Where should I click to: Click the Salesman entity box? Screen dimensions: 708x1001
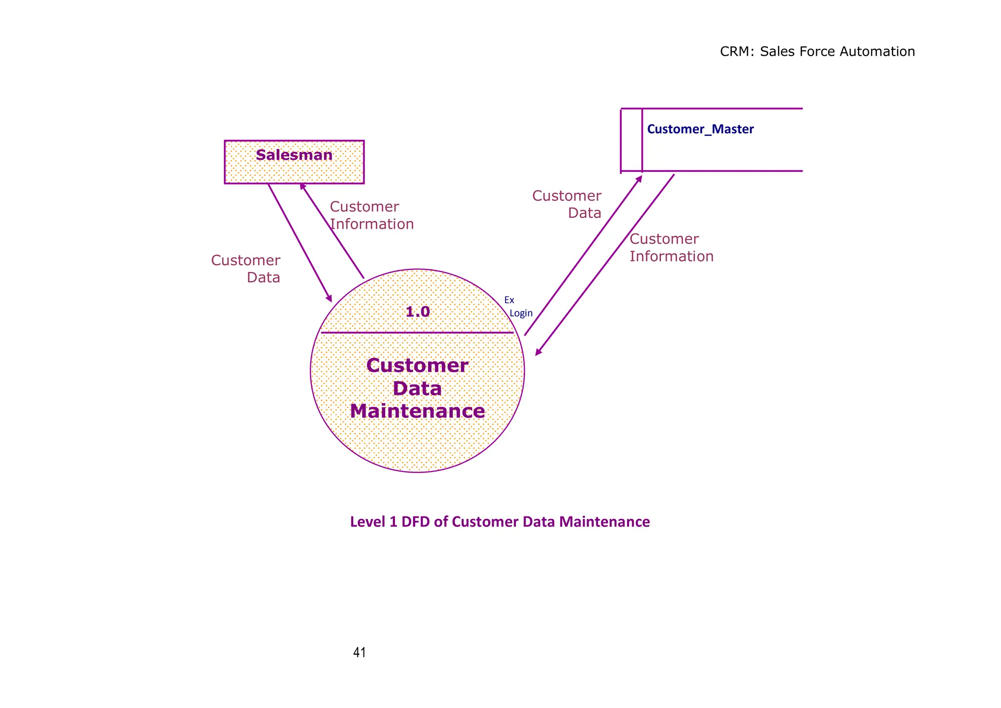point(294,162)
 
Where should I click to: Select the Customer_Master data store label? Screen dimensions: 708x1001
point(700,129)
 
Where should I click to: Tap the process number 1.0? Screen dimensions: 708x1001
point(417,312)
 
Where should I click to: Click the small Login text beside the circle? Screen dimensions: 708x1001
point(521,314)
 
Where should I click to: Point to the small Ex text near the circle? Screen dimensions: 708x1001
point(509,300)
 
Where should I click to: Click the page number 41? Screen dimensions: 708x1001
point(359,652)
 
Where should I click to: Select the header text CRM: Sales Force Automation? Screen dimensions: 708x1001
point(817,52)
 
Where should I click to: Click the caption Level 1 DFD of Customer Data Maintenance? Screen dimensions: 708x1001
point(500,522)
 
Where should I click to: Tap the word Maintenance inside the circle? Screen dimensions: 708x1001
point(417,411)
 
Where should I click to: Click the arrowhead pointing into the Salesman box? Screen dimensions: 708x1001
point(303,187)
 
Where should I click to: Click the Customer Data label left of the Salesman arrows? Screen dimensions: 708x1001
point(246,269)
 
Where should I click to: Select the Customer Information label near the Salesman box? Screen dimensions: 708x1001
point(371,215)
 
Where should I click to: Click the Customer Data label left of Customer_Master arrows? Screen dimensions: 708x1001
point(567,204)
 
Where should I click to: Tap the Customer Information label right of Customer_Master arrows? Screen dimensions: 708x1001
point(671,248)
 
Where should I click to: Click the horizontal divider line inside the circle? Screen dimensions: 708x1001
point(417,333)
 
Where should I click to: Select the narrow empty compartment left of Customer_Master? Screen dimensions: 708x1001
point(631,140)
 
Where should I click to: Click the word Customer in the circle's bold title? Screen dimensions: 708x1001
point(417,365)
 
